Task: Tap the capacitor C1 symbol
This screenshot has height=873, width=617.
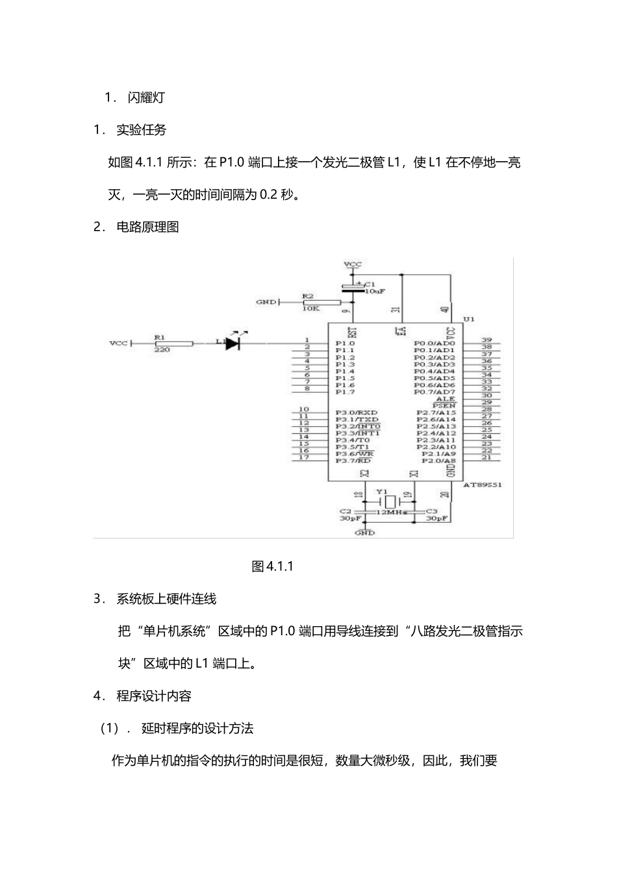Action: (354, 288)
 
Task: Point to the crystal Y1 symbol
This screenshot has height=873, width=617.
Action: (389, 501)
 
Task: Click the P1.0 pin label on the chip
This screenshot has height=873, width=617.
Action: (345, 343)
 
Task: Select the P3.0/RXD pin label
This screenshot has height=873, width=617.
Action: (357, 412)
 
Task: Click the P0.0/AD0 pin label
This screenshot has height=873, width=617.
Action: (434, 343)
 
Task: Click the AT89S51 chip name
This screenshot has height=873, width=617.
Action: (483, 485)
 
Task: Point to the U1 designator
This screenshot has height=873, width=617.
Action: (469, 319)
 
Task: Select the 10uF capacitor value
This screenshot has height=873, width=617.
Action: (375, 292)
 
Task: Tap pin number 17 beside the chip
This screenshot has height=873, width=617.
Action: (304, 458)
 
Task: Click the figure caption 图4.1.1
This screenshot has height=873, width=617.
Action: (273, 566)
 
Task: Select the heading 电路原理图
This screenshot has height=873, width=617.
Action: (147, 227)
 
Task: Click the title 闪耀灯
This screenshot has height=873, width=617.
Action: (146, 97)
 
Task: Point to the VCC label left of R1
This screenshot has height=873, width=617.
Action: (119, 343)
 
